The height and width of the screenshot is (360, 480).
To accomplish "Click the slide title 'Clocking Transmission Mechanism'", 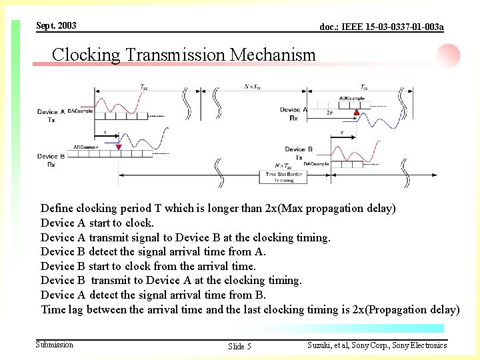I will click(x=183, y=55).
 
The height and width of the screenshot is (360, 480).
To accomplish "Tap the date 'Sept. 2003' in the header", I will click(x=56, y=25).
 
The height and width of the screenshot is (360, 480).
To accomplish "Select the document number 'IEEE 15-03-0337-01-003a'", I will click(x=381, y=27).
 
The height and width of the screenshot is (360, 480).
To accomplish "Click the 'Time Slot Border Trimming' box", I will click(x=283, y=177).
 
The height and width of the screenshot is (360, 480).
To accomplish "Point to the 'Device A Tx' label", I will click(x=51, y=116).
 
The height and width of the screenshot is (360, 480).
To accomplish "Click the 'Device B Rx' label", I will click(x=51, y=160).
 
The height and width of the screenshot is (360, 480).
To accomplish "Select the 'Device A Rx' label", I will click(x=293, y=113).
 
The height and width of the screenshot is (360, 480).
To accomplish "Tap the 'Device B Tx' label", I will click(x=299, y=153).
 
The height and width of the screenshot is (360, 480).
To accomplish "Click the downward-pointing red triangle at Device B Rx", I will click(x=119, y=147).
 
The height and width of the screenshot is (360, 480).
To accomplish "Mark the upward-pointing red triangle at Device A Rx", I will click(x=357, y=113).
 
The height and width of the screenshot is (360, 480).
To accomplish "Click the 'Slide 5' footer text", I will click(x=239, y=346).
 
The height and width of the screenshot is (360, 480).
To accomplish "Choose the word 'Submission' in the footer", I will click(x=55, y=345).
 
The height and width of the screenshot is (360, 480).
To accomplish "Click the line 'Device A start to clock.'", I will click(x=97, y=223).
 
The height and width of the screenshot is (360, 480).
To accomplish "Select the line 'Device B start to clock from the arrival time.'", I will click(x=148, y=266).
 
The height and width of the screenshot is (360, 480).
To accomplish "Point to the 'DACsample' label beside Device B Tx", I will click(x=316, y=163).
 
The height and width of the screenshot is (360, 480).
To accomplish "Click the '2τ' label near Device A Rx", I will click(x=329, y=113).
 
